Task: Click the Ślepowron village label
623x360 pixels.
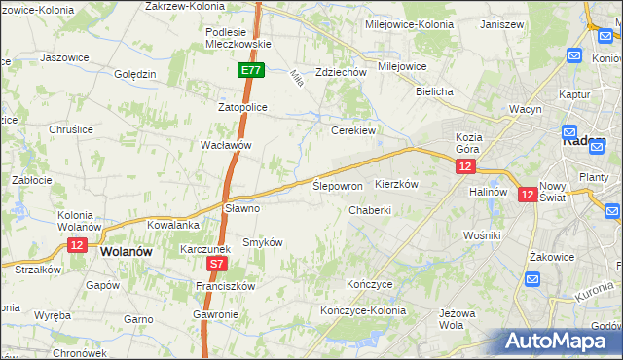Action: [x=338, y=185]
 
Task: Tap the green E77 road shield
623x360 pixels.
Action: [x=251, y=70]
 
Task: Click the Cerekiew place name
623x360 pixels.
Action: [x=353, y=129]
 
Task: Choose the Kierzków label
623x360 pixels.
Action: [x=396, y=184]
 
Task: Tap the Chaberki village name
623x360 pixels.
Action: [x=370, y=209]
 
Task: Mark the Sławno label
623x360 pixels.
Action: [x=242, y=207]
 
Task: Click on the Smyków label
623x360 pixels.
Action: [x=263, y=241]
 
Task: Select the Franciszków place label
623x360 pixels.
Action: [x=225, y=286]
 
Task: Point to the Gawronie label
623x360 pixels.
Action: [x=215, y=315]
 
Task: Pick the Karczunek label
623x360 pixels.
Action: [x=203, y=249]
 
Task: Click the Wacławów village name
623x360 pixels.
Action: [x=226, y=145]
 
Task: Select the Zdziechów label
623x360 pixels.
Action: [x=341, y=72]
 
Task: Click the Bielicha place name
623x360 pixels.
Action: [x=435, y=91]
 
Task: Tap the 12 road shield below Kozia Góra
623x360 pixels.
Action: [x=465, y=167]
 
